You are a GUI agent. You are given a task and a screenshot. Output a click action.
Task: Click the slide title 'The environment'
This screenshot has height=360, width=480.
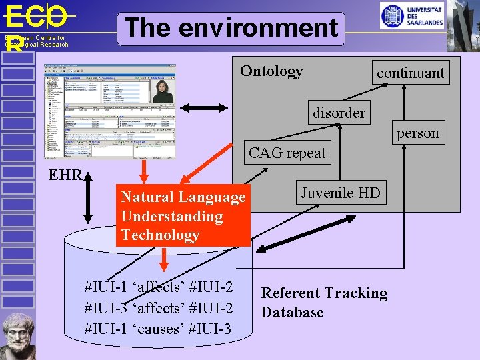(x=231, y=28)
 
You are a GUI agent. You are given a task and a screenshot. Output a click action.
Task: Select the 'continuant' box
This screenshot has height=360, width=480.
(x=410, y=73)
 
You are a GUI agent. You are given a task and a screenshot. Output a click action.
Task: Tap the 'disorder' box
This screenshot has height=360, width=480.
(x=339, y=113)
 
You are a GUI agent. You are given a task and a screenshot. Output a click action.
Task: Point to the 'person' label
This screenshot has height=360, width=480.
(x=417, y=133)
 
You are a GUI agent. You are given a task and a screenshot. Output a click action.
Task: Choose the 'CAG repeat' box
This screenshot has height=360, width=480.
(x=287, y=153)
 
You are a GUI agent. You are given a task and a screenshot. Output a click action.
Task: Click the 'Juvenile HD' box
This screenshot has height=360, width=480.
(x=340, y=193)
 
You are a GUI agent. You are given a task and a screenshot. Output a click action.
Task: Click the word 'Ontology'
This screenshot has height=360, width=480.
(x=271, y=71)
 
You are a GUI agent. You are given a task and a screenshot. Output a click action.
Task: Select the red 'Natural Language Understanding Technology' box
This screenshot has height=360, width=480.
(x=183, y=216)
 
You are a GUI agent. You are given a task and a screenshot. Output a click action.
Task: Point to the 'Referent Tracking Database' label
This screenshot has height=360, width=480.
(x=324, y=303)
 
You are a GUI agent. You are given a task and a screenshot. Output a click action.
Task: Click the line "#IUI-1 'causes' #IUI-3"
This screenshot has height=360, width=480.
(x=158, y=329)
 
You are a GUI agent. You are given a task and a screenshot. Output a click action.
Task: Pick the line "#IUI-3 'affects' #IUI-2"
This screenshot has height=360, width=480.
(x=159, y=308)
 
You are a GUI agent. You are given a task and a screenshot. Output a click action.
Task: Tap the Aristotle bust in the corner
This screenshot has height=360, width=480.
(x=18, y=337)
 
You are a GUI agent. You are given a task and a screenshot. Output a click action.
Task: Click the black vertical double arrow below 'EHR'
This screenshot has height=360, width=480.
(x=89, y=200)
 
